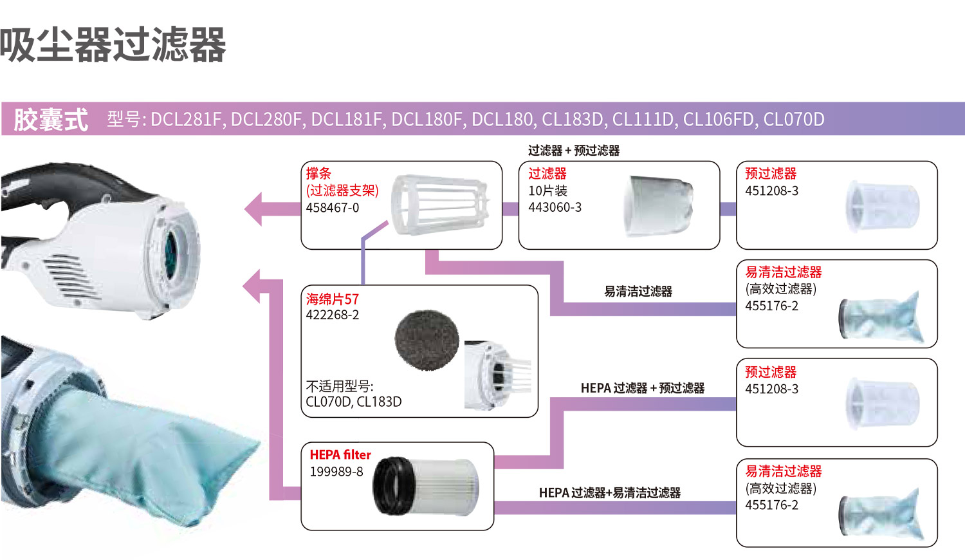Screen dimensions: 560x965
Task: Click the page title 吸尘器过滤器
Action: (x=113, y=45)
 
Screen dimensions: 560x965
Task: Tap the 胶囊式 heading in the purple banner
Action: (x=51, y=120)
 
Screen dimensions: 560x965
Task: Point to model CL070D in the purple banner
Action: (x=793, y=120)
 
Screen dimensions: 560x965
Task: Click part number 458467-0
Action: (x=333, y=208)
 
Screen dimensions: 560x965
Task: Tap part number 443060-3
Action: (x=555, y=207)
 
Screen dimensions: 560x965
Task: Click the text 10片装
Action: (x=547, y=191)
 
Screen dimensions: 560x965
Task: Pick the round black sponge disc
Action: (x=427, y=340)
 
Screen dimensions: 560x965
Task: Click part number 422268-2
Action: (x=333, y=315)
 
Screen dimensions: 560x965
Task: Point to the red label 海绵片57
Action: (x=333, y=299)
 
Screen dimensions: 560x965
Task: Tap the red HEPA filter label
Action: (x=340, y=455)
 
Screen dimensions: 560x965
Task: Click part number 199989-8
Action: (x=336, y=472)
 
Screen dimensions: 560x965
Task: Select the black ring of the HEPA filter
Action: (x=390, y=486)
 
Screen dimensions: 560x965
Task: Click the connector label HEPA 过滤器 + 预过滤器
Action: (x=642, y=388)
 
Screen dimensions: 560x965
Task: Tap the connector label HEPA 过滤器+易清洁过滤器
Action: (x=609, y=493)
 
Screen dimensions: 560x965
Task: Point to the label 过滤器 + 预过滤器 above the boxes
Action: (x=574, y=151)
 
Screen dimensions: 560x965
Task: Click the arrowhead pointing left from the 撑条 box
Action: (x=255, y=209)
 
